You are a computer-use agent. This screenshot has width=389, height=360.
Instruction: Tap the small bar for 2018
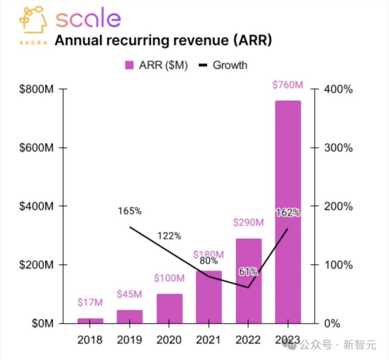pyautogui.click(x=90, y=321)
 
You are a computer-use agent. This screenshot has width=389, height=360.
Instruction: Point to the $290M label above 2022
pyautogui.click(x=249, y=223)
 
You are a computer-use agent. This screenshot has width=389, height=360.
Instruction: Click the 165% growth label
pyautogui.click(x=130, y=211)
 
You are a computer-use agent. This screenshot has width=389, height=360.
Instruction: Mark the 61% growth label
pyautogui.click(x=248, y=272)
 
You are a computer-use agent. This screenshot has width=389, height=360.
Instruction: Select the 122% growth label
pyautogui.click(x=169, y=236)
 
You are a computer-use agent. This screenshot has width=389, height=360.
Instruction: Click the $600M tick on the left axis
pyautogui.click(x=36, y=148)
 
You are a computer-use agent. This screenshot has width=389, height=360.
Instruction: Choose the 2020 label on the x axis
pyautogui.click(x=169, y=340)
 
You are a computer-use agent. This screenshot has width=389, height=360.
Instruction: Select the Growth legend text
pyautogui.click(x=230, y=65)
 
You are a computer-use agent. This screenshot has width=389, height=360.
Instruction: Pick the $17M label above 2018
pyautogui.click(x=90, y=302)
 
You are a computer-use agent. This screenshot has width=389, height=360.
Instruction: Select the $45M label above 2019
pyautogui.click(x=130, y=294)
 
